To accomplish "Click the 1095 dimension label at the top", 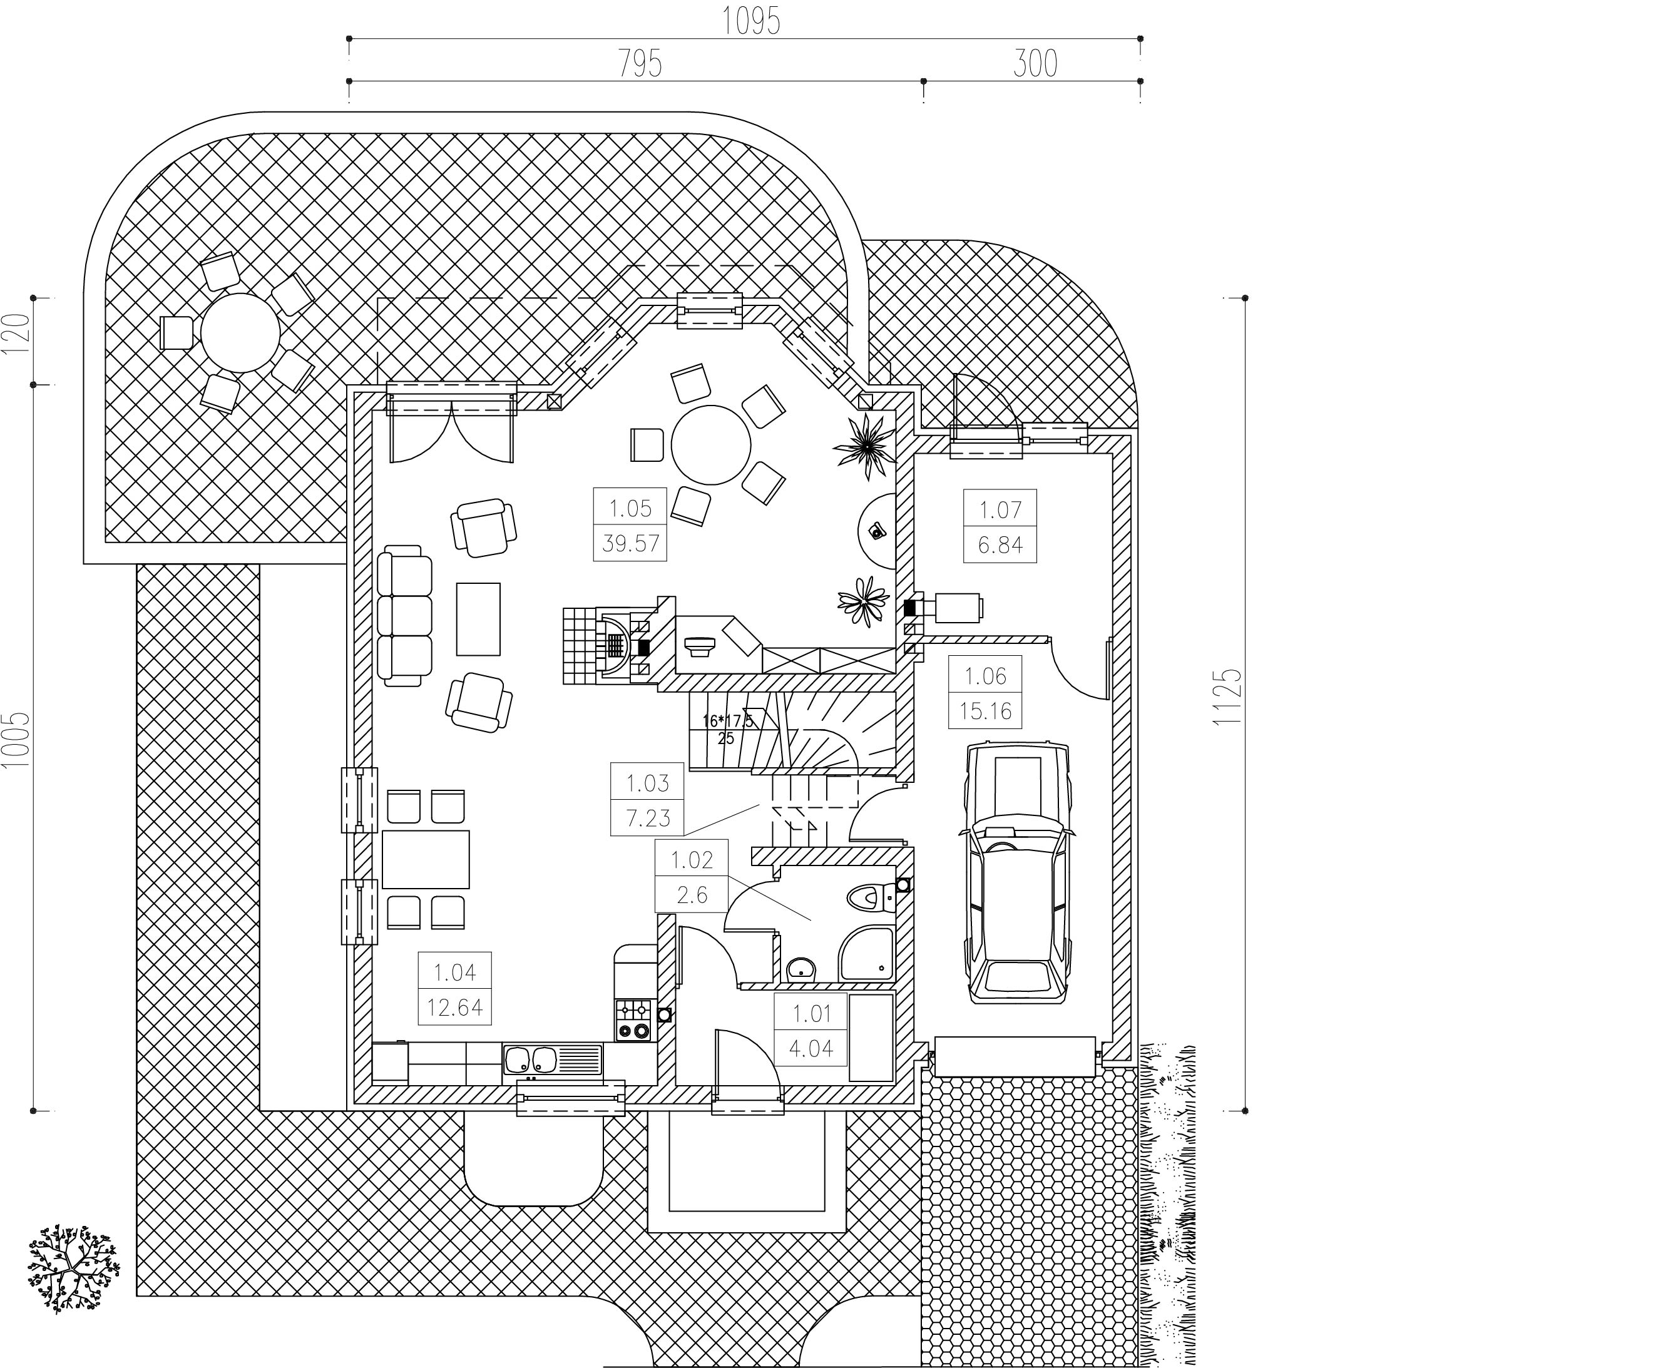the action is pyautogui.click(x=751, y=21).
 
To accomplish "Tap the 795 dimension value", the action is pyautogui.click(x=639, y=64).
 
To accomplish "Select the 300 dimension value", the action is pyautogui.click(x=1035, y=64).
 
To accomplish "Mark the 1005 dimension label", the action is pyautogui.click(x=16, y=739).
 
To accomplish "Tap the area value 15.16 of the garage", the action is pyautogui.click(x=985, y=712).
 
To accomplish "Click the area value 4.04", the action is pyautogui.click(x=811, y=1049).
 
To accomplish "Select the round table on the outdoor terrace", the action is pyautogui.click(x=240, y=332).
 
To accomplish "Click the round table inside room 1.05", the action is pyautogui.click(x=711, y=445).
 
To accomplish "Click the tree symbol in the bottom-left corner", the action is pyautogui.click(x=73, y=1268).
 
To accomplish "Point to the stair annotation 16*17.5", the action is pyautogui.click(x=727, y=720).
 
